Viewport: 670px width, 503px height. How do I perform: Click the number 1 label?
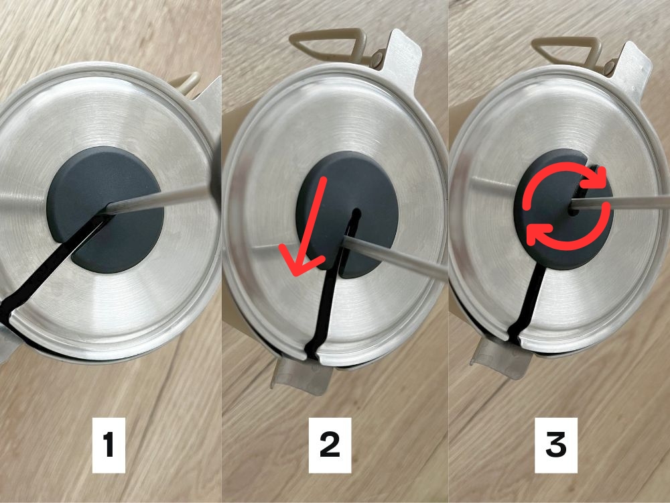109,445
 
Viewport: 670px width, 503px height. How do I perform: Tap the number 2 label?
330,445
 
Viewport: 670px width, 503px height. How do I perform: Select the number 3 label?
556,445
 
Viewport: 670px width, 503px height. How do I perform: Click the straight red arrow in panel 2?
308,227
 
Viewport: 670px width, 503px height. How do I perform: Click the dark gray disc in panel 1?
105,209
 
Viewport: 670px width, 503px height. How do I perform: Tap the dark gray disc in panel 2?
347,214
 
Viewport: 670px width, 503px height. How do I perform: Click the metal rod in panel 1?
158,200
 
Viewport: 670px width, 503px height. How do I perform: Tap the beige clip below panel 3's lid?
500,357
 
